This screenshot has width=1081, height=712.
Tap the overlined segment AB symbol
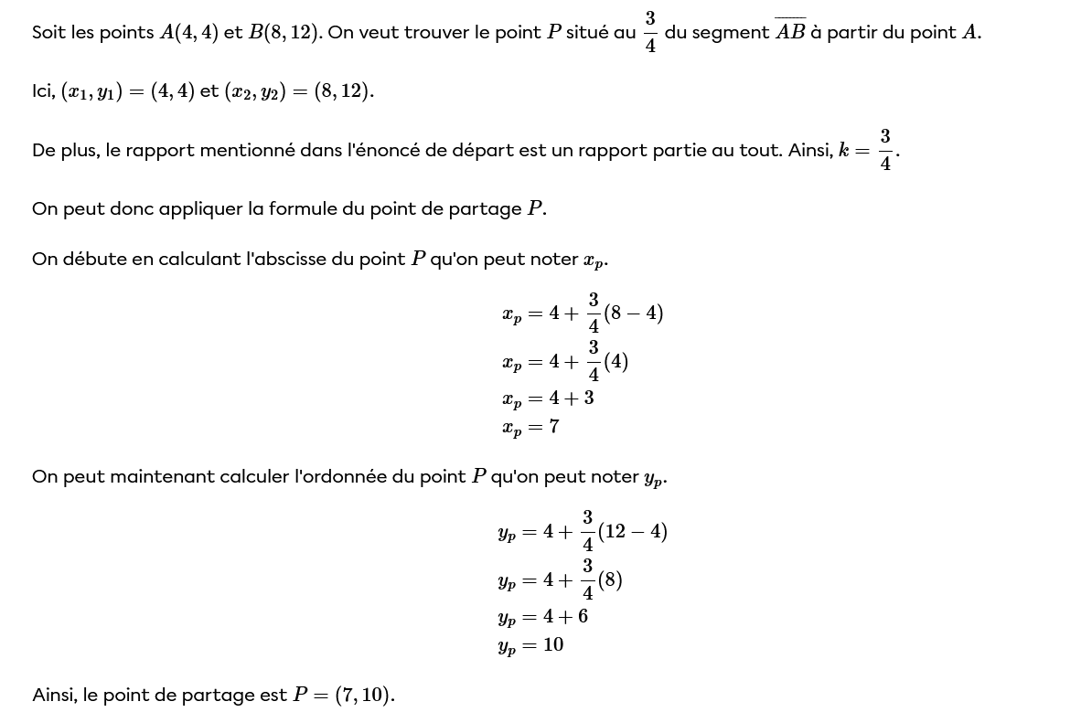(x=790, y=32)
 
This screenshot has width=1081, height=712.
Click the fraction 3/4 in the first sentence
(x=650, y=32)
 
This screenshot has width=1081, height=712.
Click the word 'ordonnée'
(x=341, y=476)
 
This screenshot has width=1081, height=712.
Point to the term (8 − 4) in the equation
(x=633, y=313)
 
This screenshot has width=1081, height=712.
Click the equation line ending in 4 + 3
(x=548, y=399)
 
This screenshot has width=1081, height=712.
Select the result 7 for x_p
(x=554, y=427)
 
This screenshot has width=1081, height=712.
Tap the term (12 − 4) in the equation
(x=633, y=531)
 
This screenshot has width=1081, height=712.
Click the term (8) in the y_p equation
(x=610, y=579)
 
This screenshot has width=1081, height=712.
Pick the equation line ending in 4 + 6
(x=543, y=617)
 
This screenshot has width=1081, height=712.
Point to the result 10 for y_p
(x=553, y=645)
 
